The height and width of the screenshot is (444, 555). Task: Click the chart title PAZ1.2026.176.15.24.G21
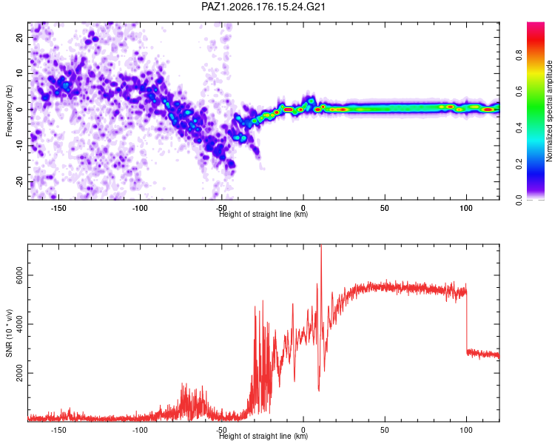coord(263,7)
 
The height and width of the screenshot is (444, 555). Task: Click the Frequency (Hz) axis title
coord(9,111)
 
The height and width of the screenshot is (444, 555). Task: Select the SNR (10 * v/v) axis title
coord(9,333)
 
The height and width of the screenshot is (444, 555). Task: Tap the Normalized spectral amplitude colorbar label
coord(549,111)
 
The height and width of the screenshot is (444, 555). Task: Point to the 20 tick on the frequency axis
coord(20,38)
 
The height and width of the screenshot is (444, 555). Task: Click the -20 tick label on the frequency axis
coord(20,181)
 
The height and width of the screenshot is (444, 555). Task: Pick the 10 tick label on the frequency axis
coord(20,73)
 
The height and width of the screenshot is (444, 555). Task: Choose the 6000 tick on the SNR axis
coord(20,275)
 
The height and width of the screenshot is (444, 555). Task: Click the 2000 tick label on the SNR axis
coord(20,373)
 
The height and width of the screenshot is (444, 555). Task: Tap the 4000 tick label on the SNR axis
coord(20,324)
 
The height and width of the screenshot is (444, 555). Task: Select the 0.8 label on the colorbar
coord(519,55)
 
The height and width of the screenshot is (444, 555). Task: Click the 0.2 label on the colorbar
coord(519,164)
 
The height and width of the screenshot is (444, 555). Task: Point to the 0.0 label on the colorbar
coord(519,200)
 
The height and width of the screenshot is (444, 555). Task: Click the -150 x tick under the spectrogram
coord(58,208)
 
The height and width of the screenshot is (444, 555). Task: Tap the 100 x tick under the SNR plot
coord(466,430)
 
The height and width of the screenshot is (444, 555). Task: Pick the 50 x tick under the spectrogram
coord(385,208)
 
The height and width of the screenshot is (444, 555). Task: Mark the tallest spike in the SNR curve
coord(321,246)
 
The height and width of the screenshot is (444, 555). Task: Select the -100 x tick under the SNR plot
coord(140,430)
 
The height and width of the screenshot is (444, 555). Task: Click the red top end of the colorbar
coord(536,24)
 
